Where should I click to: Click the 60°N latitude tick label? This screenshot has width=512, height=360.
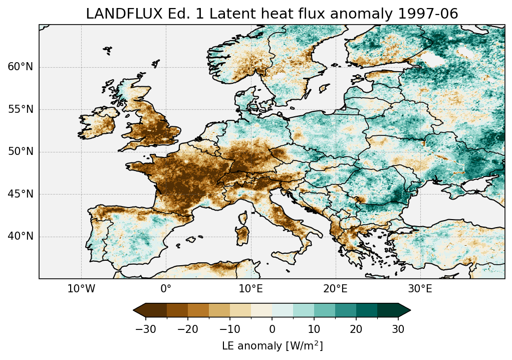click(21, 67)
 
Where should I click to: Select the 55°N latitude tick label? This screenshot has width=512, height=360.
click(21, 109)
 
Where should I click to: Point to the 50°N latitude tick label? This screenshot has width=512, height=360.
click(21, 152)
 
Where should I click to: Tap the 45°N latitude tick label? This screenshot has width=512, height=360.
click(21, 194)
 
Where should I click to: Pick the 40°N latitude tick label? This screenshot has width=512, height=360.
click(21, 236)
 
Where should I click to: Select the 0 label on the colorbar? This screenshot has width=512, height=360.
click(272, 329)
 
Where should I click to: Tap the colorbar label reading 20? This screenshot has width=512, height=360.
click(356, 329)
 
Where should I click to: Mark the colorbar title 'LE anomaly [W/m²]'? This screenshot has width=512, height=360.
click(272, 346)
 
